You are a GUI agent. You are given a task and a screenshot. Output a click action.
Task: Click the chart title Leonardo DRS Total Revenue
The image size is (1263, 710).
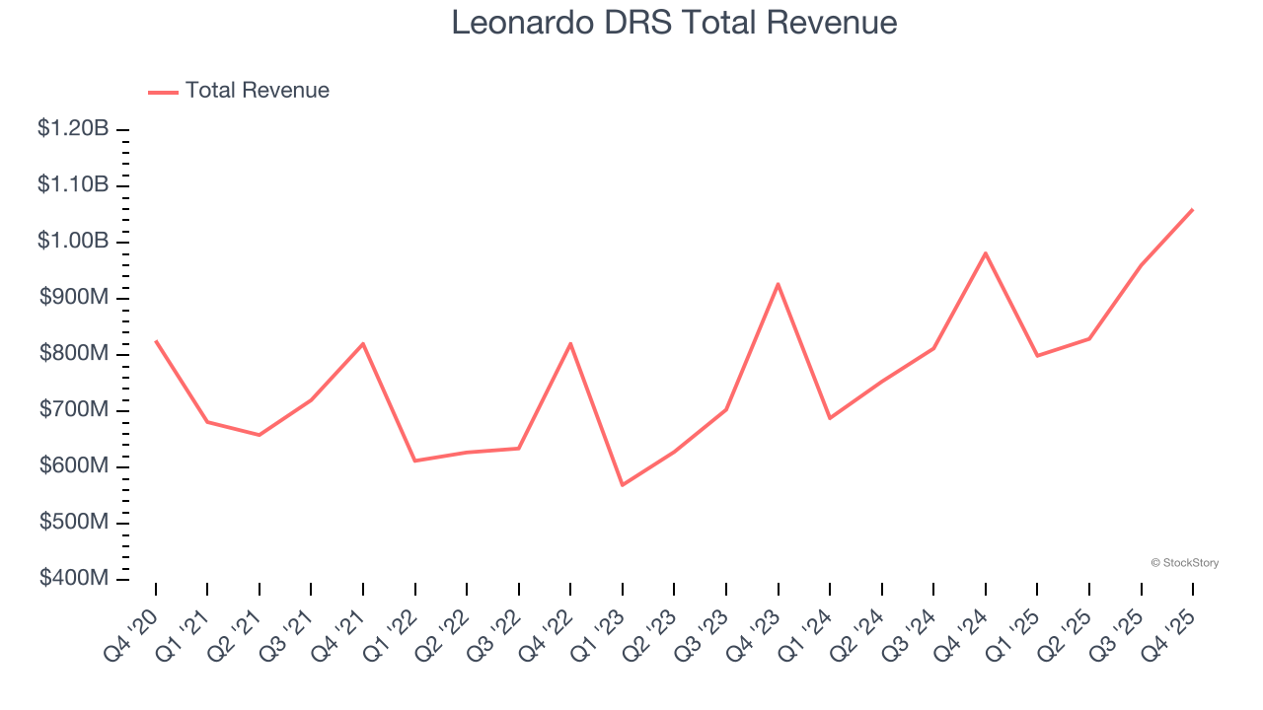point(674,23)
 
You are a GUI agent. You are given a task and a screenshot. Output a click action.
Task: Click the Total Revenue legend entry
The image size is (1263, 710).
point(239,91)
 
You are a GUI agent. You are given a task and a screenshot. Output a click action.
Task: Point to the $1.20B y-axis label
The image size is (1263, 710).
point(73,128)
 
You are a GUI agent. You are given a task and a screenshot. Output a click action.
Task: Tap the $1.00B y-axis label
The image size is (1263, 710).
point(73,241)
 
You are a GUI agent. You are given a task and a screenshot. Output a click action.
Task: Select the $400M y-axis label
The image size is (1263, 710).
point(73,578)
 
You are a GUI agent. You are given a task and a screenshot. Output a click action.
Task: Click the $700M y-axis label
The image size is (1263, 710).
point(73,409)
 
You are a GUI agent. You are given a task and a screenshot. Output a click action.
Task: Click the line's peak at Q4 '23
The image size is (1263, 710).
point(778,284)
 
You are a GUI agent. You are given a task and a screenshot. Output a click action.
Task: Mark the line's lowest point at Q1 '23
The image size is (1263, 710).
point(623,485)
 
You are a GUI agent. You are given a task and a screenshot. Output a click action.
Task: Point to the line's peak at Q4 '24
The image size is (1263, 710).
point(985,253)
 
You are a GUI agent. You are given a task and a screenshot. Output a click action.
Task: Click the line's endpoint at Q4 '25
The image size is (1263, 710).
point(1192,209)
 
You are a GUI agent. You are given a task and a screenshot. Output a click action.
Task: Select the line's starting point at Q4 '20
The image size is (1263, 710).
point(156,341)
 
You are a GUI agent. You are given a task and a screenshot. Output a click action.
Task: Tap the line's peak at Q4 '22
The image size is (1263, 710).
point(570,343)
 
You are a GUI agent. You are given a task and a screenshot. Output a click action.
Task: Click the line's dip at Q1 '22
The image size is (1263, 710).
point(415,461)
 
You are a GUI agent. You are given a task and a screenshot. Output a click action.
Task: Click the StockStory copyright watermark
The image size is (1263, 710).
point(1184,563)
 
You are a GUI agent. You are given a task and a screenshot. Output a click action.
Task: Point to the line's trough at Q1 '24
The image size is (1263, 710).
point(830,418)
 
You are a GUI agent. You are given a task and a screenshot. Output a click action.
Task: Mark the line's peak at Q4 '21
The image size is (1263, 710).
point(363,343)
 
